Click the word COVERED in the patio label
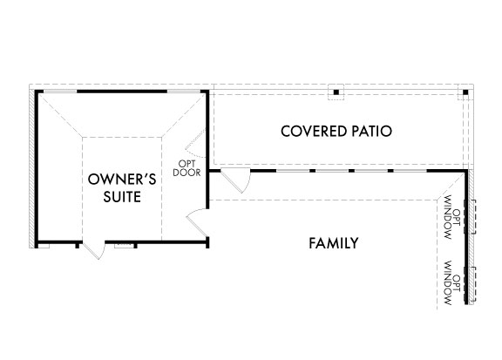(x=309, y=131)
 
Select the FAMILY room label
(x=333, y=243)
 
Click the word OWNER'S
(x=122, y=179)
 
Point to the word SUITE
(x=122, y=197)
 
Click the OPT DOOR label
(x=187, y=168)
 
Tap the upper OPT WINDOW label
(x=452, y=217)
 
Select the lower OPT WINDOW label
(x=452, y=283)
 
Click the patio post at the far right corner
(x=465, y=92)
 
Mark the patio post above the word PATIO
(x=336, y=92)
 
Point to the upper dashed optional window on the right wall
(x=470, y=216)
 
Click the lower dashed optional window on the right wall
(x=470, y=283)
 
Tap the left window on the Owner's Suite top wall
(x=60, y=92)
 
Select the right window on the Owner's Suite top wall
(x=184, y=92)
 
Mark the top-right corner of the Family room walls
(x=465, y=171)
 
